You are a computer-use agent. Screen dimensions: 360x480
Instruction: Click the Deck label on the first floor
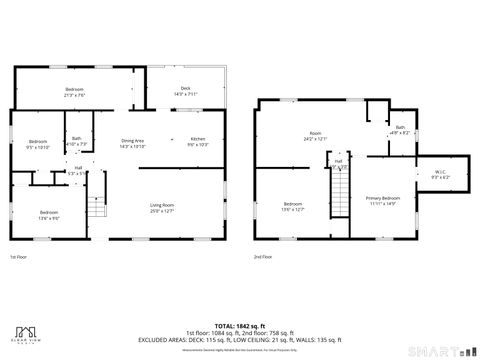tap(185, 91)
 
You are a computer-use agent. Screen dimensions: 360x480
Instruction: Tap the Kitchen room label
tap(198, 141)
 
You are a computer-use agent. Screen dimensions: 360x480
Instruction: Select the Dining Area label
tap(133, 141)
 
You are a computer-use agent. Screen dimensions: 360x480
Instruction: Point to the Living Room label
tap(162, 207)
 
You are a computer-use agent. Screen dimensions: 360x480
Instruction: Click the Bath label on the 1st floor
tap(77, 141)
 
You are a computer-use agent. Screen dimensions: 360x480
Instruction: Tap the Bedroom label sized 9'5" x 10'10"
tap(38, 143)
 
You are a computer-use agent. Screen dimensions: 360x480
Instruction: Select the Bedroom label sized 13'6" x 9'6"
tap(49, 214)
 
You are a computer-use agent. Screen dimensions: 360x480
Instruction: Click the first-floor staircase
tap(97, 207)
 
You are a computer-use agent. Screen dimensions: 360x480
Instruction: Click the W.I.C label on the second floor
tap(439, 173)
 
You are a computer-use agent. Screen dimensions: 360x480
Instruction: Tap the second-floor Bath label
tap(400, 129)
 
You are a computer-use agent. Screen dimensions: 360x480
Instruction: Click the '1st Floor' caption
tap(19, 258)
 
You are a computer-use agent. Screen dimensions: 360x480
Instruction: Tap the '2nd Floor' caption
tap(263, 258)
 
